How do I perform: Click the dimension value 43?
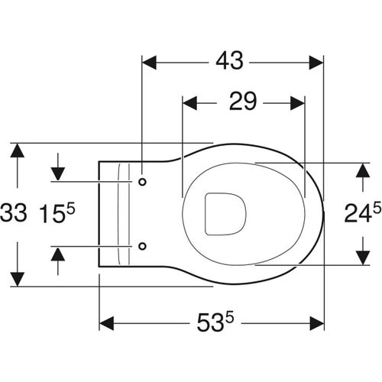pos(229,61)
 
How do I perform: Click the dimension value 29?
pos(243,102)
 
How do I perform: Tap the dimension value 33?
pos(14,213)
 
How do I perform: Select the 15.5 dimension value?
pos(57,213)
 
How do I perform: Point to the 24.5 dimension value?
pos(363,212)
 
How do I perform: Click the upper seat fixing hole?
pos(142,182)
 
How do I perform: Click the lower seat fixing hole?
pos(142,246)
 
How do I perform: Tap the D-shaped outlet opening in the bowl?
pos(225,214)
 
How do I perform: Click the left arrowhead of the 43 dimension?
pos(149,63)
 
